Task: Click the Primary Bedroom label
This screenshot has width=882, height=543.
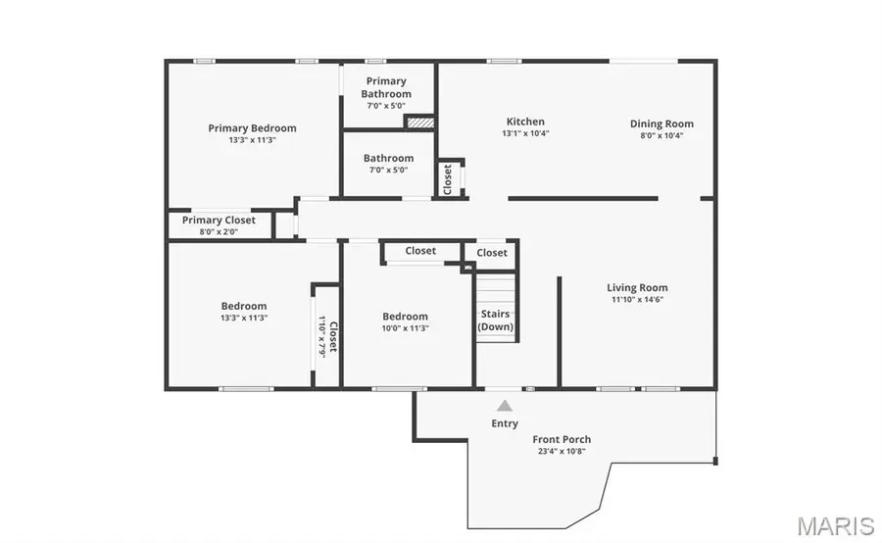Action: (252, 128)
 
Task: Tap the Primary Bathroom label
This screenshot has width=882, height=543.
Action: (386, 87)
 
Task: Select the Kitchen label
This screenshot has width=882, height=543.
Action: (525, 122)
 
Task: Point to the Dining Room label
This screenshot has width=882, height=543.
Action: (661, 123)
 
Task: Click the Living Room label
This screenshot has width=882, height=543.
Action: (638, 288)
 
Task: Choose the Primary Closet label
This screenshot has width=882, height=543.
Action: (219, 221)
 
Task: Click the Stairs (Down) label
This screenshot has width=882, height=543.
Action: (495, 321)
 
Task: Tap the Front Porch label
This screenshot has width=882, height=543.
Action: (562, 439)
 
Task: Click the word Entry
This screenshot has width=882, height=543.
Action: (505, 423)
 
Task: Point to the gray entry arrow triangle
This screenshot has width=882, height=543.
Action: (504, 405)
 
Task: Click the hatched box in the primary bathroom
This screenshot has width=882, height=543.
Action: (419, 123)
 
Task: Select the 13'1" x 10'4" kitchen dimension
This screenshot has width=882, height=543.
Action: (525, 133)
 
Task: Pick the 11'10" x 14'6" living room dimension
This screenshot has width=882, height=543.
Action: (638, 300)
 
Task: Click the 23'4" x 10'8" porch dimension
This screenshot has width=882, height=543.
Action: (562, 452)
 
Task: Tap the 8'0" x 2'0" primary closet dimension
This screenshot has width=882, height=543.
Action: (219, 232)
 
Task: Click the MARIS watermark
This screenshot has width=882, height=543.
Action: (835, 526)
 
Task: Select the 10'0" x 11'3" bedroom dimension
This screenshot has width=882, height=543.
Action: (405, 328)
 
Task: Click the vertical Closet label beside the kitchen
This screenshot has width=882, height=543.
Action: (448, 177)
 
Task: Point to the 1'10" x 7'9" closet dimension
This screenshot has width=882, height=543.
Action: (320, 336)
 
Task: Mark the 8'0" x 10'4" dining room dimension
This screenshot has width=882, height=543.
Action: (661, 135)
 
